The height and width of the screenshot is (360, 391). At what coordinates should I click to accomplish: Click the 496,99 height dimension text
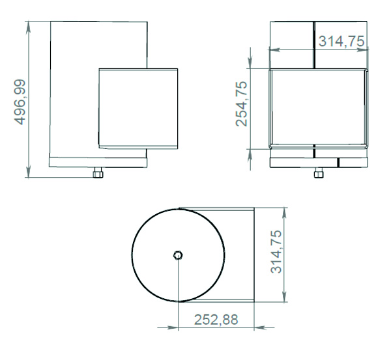click(20, 102)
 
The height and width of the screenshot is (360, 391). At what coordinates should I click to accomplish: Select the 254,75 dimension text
click(242, 104)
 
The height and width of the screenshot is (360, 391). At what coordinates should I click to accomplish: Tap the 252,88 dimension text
click(216, 320)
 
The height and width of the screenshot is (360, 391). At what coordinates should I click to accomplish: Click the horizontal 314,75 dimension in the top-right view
click(341, 41)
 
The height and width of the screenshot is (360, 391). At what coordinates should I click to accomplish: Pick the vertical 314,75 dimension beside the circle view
click(276, 252)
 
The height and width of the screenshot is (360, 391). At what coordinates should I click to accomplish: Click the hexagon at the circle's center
click(178, 255)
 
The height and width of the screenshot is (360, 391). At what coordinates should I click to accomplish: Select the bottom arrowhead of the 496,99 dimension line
click(29, 171)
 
